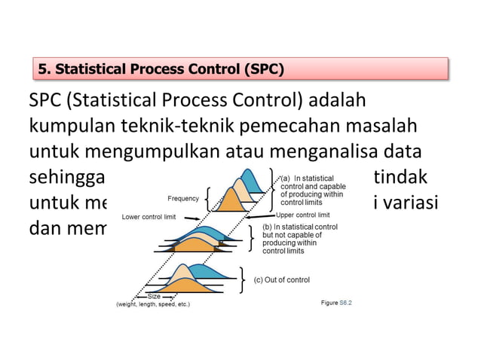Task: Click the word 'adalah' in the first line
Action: (340, 101)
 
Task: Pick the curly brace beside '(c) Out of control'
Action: (242, 279)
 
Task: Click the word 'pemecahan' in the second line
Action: (297, 127)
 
